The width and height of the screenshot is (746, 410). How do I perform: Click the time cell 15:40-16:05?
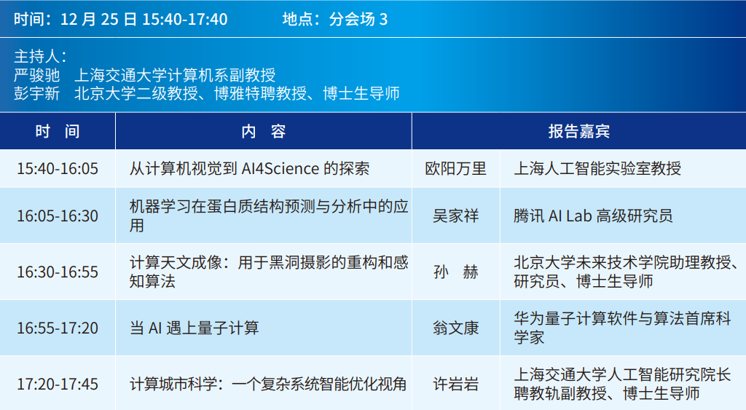tap(58, 169)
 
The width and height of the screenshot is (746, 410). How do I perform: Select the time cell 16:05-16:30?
tap(58, 216)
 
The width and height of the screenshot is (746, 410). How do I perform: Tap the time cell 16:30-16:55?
tap(58, 272)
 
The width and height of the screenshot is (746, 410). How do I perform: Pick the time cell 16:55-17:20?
tap(58, 328)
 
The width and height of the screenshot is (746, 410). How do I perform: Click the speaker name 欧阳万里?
tap(455, 169)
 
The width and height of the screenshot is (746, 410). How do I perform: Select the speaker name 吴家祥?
tap(455, 216)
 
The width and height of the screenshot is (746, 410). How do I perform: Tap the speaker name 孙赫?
tap(455, 272)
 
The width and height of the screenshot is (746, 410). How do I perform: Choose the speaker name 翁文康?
tap(455, 328)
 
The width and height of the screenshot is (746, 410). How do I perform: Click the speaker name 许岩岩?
tap(455, 385)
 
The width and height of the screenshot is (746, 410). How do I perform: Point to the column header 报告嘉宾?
tap(579, 131)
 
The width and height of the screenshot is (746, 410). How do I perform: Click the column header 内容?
tap(264, 131)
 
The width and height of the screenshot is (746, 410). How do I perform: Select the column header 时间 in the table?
tap(58, 131)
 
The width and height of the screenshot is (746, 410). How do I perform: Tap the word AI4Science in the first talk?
tap(280, 169)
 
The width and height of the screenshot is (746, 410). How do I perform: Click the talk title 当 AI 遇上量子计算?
tap(194, 328)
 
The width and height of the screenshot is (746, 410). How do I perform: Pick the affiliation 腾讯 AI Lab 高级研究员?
tap(593, 216)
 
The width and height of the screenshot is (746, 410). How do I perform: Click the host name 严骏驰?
tap(36, 75)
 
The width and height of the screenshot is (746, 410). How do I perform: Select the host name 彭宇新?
tap(36, 93)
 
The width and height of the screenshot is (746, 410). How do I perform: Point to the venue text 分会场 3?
tap(358, 20)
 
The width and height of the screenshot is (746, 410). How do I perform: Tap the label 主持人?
tap(40, 57)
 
